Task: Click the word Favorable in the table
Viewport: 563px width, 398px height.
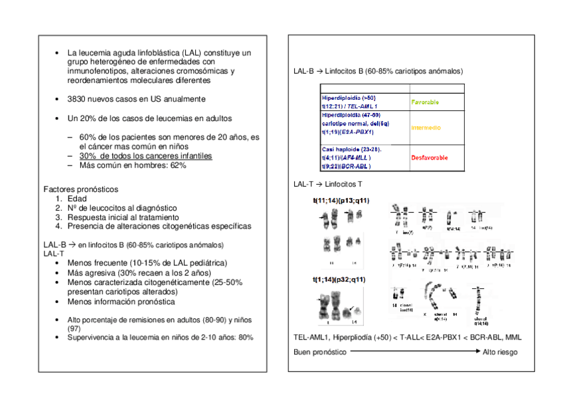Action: click(x=425, y=102)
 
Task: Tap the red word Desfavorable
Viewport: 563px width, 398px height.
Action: click(x=429, y=157)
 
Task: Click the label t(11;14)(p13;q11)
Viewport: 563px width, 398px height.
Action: click(x=341, y=199)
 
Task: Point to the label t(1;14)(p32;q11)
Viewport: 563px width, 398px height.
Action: click(x=339, y=279)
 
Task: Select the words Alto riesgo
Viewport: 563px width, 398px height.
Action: click(x=500, y=352)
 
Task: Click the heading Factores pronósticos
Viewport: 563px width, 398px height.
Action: click(x=80, y=189)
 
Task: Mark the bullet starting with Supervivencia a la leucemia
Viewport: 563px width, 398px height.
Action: click(x=159, y=337)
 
